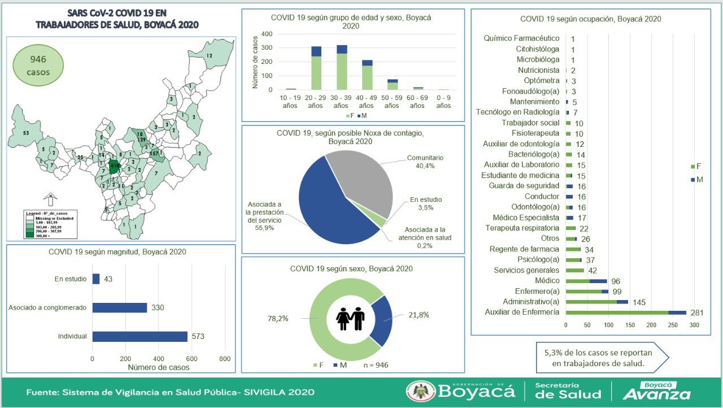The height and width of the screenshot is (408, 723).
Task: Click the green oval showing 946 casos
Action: coord(38,66)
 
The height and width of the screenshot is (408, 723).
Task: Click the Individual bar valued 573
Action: coord(140,336)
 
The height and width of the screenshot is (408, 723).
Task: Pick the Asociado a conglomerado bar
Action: coord(119,307)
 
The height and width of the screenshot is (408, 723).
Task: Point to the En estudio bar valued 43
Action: coord(96,279)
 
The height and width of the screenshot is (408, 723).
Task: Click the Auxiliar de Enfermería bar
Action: coord(625,312)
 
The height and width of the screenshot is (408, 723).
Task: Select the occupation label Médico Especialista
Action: coord(525,218)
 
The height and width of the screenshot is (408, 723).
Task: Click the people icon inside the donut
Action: coord(350,319)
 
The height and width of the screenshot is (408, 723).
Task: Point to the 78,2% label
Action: coord(277,319)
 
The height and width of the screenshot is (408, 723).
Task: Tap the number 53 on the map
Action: coord(26,133)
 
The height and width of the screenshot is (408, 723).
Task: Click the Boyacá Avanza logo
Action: coord(656,390)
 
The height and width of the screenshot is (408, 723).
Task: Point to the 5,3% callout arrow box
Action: coord(602,357)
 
